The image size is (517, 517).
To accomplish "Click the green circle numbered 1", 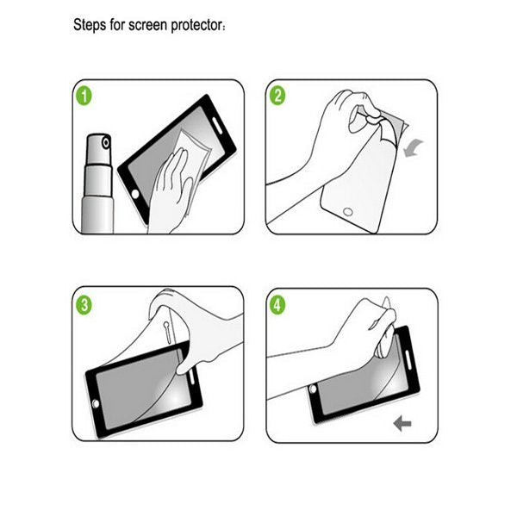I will pos(84,95).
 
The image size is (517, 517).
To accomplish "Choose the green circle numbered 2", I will pos(277,95).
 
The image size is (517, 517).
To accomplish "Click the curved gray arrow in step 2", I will pos(412,148).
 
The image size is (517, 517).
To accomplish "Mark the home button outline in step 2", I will pos(347,212).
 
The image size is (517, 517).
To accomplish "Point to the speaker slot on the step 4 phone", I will pos(402,357).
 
